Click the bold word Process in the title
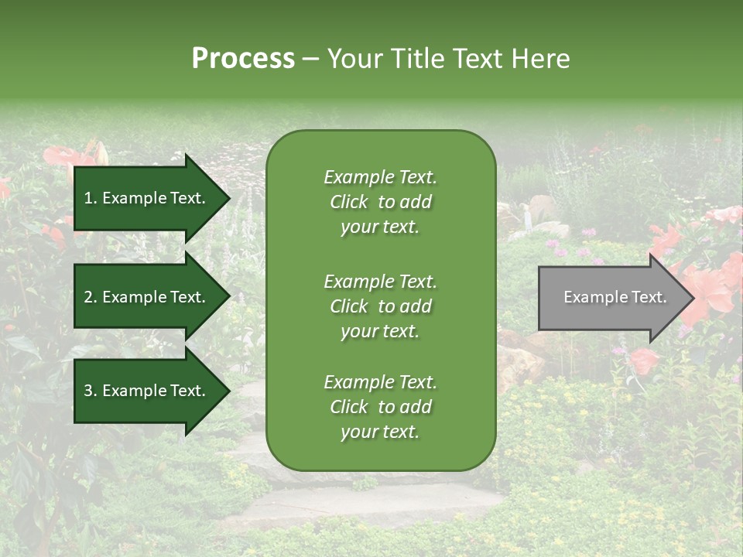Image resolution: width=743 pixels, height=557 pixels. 243,59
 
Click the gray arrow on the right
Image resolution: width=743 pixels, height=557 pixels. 611,298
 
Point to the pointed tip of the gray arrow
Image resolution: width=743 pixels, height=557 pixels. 692,298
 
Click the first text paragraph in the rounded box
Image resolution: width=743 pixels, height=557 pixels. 380,202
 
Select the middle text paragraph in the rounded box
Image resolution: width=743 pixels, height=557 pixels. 380,306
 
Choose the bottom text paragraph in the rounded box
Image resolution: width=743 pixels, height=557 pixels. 380,407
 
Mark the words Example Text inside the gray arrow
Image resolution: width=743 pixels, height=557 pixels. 615,298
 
